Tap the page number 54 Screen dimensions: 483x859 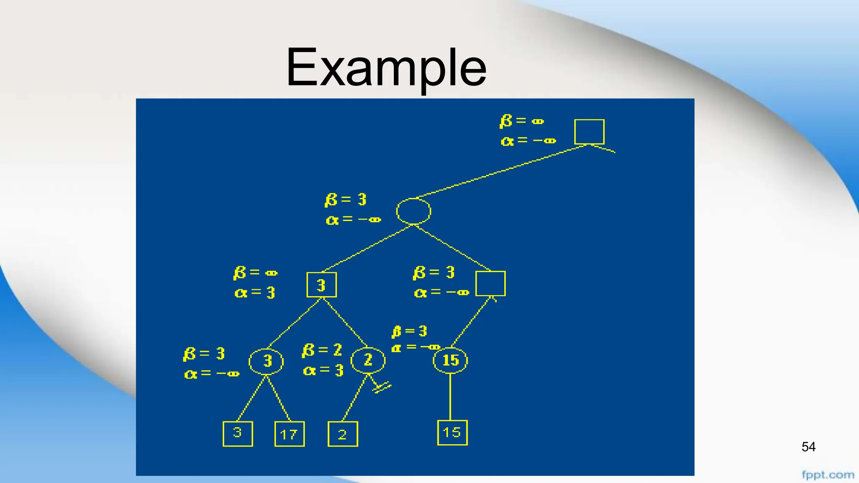point(808,447)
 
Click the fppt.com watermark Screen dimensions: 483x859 point(828,475)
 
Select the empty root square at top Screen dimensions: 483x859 point(589,132)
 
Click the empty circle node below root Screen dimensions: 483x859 point(414,211)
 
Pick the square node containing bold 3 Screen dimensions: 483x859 point(321,285)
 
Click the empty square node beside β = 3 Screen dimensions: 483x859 point(490,283)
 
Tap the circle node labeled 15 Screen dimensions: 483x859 point(450,360)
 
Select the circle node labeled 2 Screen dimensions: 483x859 point(368,360)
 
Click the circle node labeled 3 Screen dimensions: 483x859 point(266,361)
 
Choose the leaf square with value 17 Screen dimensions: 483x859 point(289,434)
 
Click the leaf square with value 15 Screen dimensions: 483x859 point(452,432)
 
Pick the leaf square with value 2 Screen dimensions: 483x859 point(342,434)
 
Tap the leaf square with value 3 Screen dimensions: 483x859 point(237,434)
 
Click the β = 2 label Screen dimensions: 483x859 point(322,350)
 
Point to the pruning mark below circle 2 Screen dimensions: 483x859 point(381,387)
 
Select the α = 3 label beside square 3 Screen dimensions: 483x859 point(255,292)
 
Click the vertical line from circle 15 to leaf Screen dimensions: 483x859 point(450,397)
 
